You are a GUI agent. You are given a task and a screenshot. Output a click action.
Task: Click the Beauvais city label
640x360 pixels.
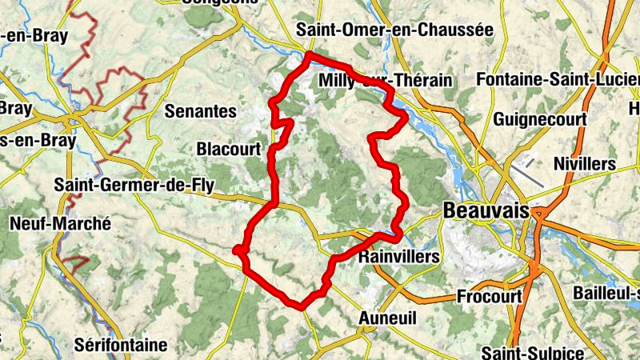point(486,210)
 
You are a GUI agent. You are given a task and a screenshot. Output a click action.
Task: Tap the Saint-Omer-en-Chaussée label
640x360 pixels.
point(394,29)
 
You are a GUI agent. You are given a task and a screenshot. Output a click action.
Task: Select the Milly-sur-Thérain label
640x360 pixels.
point(385,81)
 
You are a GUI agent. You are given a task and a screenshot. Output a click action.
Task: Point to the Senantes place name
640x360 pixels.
point(201,111)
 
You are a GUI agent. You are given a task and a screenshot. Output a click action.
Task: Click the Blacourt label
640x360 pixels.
point(229,149)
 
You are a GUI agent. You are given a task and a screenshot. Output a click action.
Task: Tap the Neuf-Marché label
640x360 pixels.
point(60,224)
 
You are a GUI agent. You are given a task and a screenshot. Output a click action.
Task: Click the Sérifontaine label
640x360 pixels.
point(120,346)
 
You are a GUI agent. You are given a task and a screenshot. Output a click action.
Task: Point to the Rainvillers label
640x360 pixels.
point(399,257)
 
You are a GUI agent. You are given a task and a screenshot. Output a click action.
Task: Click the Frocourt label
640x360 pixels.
point(489,297)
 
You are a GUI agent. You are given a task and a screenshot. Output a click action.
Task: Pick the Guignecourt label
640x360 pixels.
point(540,119)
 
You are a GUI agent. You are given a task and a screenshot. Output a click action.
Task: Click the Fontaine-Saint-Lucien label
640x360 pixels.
point(557,80)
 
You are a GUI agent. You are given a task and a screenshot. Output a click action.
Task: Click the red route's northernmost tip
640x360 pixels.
point(309,54)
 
